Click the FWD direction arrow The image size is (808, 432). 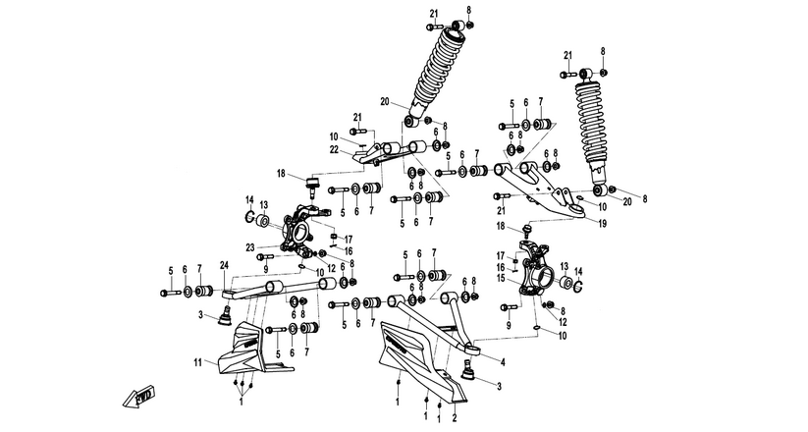point(139,397)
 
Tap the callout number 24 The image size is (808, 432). point(224,266)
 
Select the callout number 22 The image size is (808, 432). point(334,149)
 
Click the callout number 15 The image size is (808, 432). point(500,279)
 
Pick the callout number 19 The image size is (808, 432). point(603,224)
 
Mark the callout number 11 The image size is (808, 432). point(198,362)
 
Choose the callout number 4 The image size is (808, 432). point(503,362)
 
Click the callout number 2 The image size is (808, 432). point(455,416)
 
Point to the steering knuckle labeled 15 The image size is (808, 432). point(534,268)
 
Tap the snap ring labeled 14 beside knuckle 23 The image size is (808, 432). point(248,217)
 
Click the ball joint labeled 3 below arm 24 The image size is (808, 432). point(225,315)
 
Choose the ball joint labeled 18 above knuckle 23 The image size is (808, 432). point(313,188)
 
